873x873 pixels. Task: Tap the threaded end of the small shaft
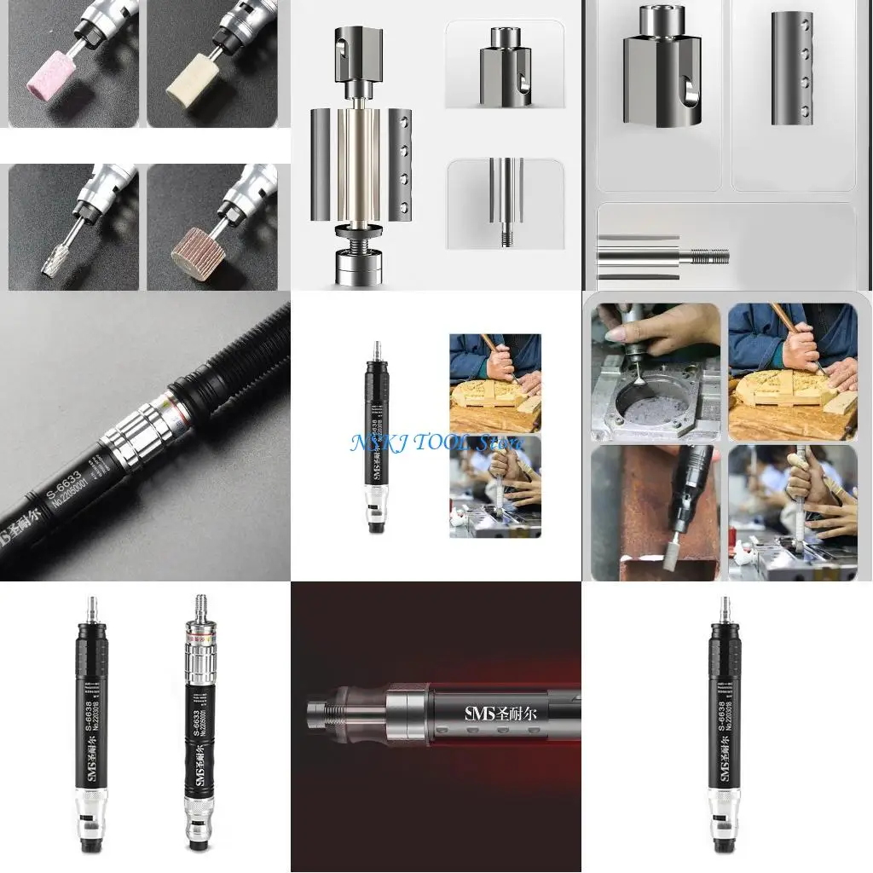(x=506, y=238)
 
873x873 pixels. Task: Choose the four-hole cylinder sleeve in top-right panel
(x=792, y=68)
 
